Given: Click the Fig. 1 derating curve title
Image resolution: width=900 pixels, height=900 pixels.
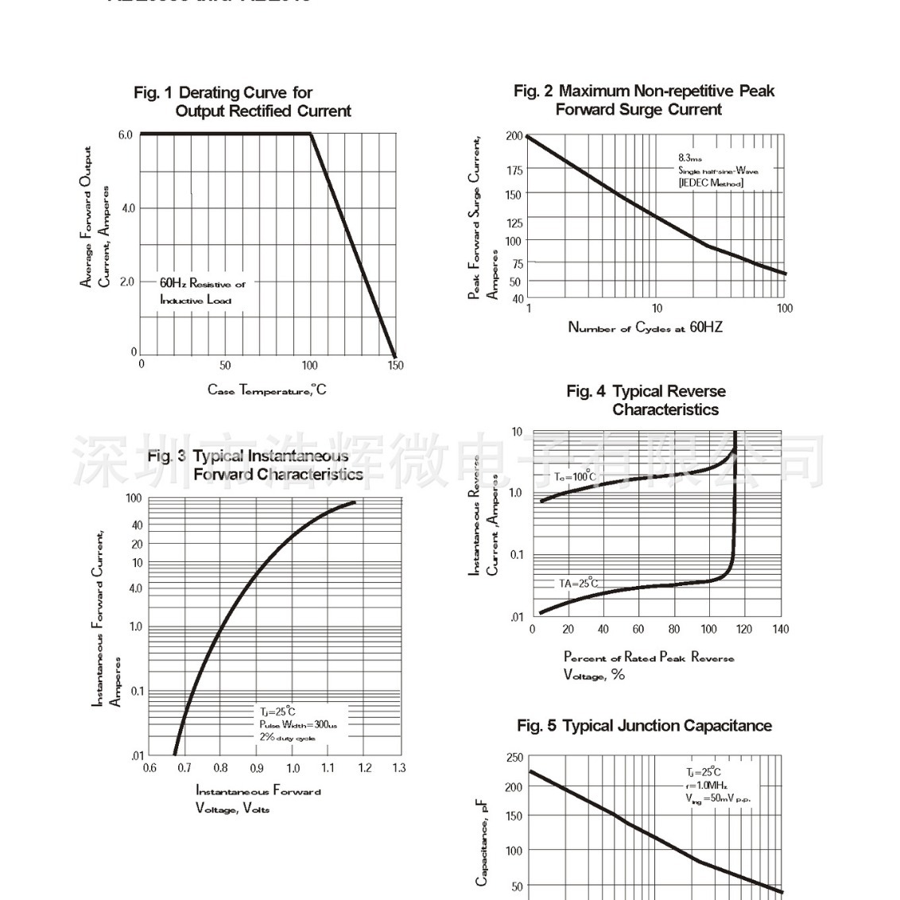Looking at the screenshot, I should pyautogui.click(x=242, y=102).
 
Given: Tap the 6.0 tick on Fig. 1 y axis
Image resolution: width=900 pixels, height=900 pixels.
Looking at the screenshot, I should pyautogui.click(x=125, y=135).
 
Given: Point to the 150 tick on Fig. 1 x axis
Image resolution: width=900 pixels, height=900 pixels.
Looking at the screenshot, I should pyautogui.click(x=395, y=366).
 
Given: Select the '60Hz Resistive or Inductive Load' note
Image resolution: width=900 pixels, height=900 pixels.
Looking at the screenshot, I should pyautogui.click(x=202, y=291).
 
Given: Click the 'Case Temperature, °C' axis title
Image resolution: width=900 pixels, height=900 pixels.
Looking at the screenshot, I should pyautogui.click(x=267, y=390).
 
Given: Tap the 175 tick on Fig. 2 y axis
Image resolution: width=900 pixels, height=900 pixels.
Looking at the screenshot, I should pyautogui.click(x=514, y=170).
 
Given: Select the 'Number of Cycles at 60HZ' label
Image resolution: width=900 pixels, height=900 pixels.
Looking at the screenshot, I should pyautogui.click(x=645, y=327).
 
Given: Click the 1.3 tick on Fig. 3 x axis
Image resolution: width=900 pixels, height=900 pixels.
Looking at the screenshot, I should pyautogui.click(x=399, y=768).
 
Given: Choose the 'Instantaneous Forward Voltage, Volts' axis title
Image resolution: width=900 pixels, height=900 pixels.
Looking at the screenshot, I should pyautogui.click(x=258, y=799).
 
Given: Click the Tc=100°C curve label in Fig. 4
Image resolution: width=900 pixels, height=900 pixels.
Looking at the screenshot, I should pyautogui.click(x=574, y=476).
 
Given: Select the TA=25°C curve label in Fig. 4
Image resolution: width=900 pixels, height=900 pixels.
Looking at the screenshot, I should pyautogui.click(x=578, y=584).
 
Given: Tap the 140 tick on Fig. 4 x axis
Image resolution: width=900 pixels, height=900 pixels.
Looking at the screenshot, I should pyautogui.click(x=781, y=629).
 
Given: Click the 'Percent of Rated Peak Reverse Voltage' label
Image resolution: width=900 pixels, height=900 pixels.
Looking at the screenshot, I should pyautogui.click(x=648, y=665).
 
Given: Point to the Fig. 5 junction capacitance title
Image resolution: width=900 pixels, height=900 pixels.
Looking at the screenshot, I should pyautogui.click(x=644, y=726).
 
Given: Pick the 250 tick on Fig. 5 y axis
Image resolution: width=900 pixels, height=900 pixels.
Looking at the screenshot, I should pyautogui.click(x=514, y=758).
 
